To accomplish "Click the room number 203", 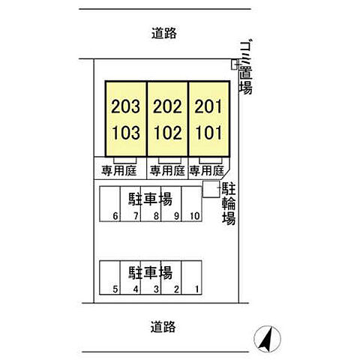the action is pyautogui.click(x=125, y=106).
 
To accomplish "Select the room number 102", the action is pyautogui.click(x=167, y=133).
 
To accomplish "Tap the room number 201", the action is pyautogui.click(x=208, y=106).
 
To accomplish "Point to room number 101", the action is pyautogui.click(x=208, y=133).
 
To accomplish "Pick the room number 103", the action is pyautogui.click(x=126, y=133).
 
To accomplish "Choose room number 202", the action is pyautogui.click(x=167, y=106).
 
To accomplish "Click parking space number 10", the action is pyautogui.click(x=195, y=216).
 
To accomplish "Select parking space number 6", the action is pyautogui.click(x=115, y=216).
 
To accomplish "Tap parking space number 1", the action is pyautogui.click(x=197, y=289).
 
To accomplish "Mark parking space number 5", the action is pyautogui.click(x=115, y=289).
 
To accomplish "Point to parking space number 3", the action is pyautogui.click(x=156, y=289).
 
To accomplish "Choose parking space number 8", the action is pyautogui.click(x=156, y=216).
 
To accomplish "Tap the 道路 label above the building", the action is pyautogui.click(x=164, y=33).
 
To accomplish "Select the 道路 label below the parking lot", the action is pyautogui.click(x=163, y=327).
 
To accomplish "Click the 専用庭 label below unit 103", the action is pyautogui.click(x=119, y=171).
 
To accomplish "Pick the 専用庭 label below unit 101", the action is pyautogui.click(x=206, y=171).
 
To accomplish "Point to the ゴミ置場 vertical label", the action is pyautogui.click(x=245, y=67).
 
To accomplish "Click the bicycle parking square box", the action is pyautogui.click(x=211, y=189).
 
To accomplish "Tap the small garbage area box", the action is pyautogui.click(x=234, y=64).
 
